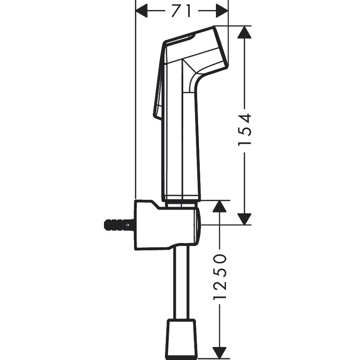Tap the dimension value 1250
tap(219, 278)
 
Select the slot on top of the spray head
tap(180, 38)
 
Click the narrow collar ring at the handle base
tap(182, 199)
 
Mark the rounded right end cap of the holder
tap(198, 225)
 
